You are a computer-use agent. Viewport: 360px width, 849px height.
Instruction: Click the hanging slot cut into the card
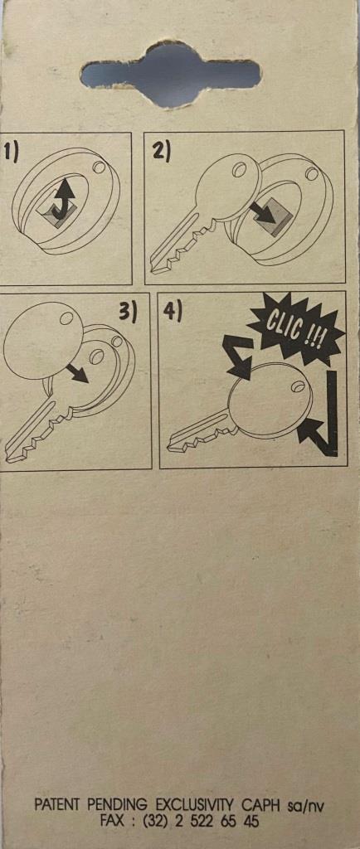pyautogui.click(x=170, y=74)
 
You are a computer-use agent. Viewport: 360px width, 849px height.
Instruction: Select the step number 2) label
pyautogui.click(x=162, y=150)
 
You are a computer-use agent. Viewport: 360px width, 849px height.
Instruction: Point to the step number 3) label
pyautogui.click(x=129, y=313)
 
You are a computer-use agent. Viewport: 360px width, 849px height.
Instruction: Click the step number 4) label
pyautogui.click(x=173, y=310)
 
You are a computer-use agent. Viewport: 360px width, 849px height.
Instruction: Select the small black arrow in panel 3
pyautogui.click(x=77, y=372)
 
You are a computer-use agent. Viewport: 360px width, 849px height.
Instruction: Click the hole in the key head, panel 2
pyautogui.click(x=238, y=171)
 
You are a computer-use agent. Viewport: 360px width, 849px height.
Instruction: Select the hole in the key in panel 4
pyautogui.click(x=297, y=386)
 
